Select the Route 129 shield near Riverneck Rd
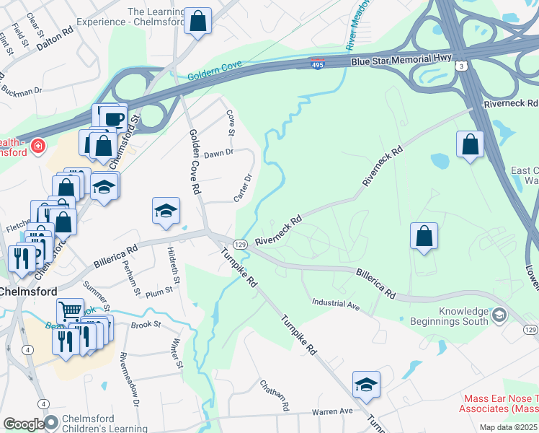point(240,245)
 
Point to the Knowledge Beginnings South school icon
point(499,315)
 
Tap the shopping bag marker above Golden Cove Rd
point(197,22)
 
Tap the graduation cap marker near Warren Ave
point(366,386)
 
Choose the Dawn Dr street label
point(219,153)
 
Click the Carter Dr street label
point(243,188)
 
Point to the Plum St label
point(159,290)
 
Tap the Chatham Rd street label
point(275,395)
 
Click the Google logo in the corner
point(23,424)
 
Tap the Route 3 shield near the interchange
point(467,66)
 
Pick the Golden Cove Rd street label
point(194,162)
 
